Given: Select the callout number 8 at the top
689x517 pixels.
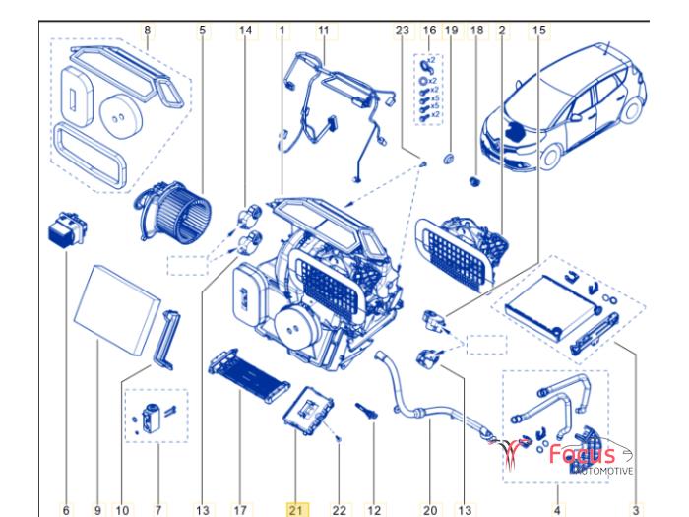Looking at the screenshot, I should click(x=148, y=30).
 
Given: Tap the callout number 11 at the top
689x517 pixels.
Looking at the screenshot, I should click(x=323, y=30).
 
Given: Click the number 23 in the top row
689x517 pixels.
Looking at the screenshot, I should click(x=402, y=30).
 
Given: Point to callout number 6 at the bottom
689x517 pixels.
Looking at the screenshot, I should click(x=66, y=509).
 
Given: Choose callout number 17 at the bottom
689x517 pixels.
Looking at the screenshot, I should click(x=239, y=509).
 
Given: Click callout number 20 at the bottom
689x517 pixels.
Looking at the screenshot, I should click(x=430, y=509).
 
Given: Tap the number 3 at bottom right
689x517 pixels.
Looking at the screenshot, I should click(x=635, y=509).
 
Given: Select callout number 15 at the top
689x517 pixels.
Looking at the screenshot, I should click(x=538, y=30).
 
